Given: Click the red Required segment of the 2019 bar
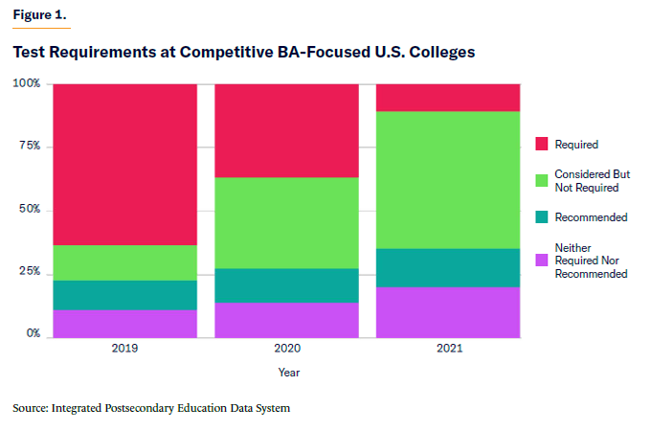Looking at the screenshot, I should [x=124, y=164].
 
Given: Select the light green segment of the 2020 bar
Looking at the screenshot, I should [x=286, y=222].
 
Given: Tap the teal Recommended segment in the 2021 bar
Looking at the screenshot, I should [x=447, y=267].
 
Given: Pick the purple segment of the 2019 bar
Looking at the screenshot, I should [x=124, y=323].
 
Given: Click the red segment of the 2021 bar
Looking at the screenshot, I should [x=447, y=98].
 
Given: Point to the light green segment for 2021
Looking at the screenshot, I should [x=447, y=180].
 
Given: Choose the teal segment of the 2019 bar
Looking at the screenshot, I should [x=124, y=295].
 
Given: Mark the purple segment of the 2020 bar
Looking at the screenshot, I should [x=286, y=319].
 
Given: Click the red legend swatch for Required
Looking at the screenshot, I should [x=541, y=145].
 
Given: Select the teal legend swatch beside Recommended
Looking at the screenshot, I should [x=541, y=217].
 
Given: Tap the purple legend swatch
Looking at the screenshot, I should [x=541, y=261].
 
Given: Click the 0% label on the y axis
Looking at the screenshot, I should [x=33, y=334].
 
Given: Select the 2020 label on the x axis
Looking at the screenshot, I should [x=286, y=350].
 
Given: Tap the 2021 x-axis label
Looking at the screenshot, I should [x=447, y=350].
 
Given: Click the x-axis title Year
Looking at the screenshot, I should [x=288, y=373].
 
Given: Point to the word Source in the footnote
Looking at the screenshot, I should [x=31, y=409].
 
